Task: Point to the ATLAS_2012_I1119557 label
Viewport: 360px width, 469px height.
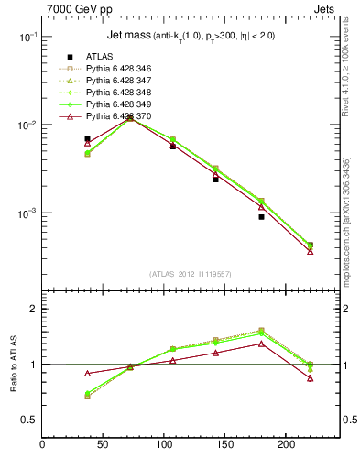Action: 191,275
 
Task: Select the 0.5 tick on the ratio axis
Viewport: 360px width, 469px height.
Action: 30,420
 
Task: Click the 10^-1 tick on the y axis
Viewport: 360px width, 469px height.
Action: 27,37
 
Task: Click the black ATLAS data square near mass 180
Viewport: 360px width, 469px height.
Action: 261,217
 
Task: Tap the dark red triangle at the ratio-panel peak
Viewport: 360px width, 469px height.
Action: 261,344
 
